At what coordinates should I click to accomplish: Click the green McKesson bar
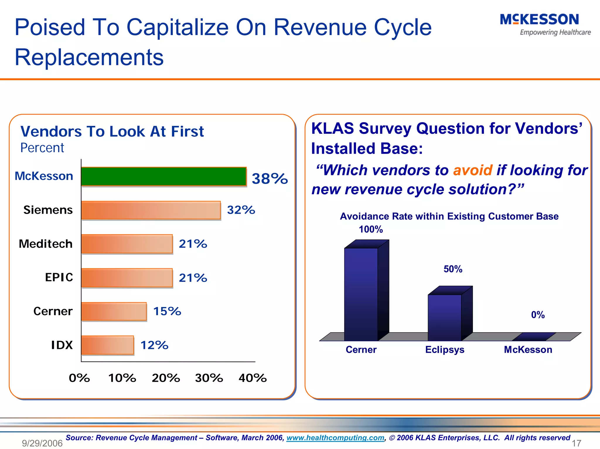click(163, 176)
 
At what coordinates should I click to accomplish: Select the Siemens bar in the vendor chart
click(151, 210)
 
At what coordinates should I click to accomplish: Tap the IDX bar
click(107, 345)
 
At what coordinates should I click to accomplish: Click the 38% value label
click(270, 179)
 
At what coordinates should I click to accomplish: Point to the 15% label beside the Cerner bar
click(167, 311)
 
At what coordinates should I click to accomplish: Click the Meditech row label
click(46, 244)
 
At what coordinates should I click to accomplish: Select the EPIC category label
click(59, 277)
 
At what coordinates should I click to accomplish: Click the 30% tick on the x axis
click(209, 378)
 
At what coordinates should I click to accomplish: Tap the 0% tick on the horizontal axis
click(79, 378)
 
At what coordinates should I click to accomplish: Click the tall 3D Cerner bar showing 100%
click(361, 294)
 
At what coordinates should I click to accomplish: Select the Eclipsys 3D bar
click(444, 318)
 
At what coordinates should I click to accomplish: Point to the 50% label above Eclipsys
click(453, 269)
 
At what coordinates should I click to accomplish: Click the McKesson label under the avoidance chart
click(528, 350)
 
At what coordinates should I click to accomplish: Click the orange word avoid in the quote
click(473, 170)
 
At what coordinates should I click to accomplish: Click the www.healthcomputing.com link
click(335, 438)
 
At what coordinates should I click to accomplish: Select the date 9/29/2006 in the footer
click(42, 443)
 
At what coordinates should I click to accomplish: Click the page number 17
click(576, 443)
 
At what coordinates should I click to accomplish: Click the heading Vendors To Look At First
click(112, 131)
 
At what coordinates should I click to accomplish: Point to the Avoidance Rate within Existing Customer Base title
click(449, 216)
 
